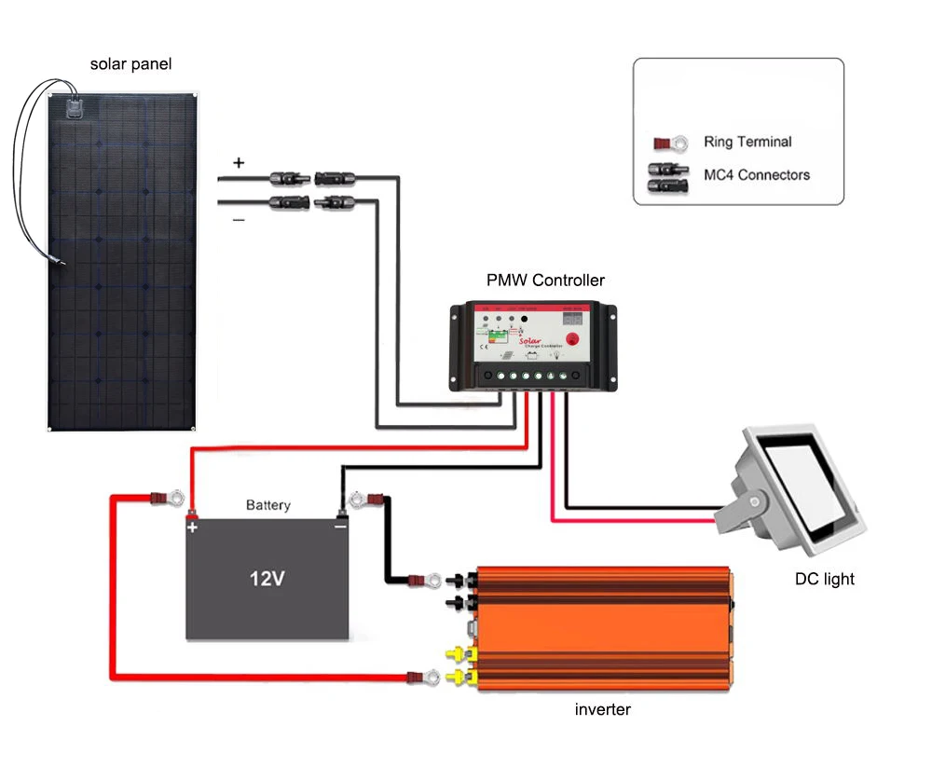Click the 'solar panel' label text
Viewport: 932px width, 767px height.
(x=130, y=64)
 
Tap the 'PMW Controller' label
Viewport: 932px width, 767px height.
(x=545, y=280)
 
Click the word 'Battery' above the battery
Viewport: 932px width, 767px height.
(x=268, y=505)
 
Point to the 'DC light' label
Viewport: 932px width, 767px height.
(x=824, y=579)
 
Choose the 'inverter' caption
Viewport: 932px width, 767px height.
(x=602, y=709)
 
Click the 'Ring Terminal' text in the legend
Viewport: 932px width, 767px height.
(x=747, y=142)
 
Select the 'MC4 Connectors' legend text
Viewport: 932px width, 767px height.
(x=757, y=174)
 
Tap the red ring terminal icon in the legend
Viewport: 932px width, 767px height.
(x=670, y=144)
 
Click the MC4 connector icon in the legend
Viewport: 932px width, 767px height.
(x=670, y=175)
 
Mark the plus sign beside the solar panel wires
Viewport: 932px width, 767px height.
(x=239, y=162)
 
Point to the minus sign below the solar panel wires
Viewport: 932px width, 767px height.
(x=239, y=220)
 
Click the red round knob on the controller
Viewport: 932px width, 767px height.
(x=572, y=339)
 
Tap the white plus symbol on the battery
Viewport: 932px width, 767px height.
(x=193, y=527)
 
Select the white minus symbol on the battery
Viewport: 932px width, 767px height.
(x=340, y=527)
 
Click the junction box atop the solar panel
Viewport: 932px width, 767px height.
(x=78, y=105)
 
